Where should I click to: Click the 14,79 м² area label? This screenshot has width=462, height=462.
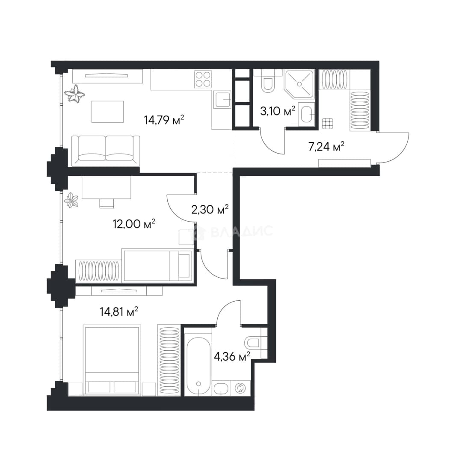pyautogui.click(x=164, y=120)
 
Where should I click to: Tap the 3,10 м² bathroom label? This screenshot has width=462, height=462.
pyautogui.click(x=278, y=111)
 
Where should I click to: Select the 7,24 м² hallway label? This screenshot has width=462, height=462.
pyautogui.click(x=326, y=146)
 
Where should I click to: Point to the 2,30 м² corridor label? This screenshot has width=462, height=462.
pyautogui.click(x=210, y=210)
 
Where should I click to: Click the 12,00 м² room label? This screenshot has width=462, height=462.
pyautogui.click(x=134, y=224)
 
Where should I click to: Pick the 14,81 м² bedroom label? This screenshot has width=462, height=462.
pyautogui.click(x=119, y=311)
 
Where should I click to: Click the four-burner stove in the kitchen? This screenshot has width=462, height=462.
pyautogui.click(x=203, y=79)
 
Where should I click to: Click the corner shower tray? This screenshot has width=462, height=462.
pyautogui.click(x=299, y=84)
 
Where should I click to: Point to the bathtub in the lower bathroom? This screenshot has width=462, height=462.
pyautogui.click(x=198, y=364)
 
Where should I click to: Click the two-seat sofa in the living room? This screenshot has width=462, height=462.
pyautogui.click(x=106, y=151)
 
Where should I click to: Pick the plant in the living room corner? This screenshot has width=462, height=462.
pyautogui.click(x=74, y=94)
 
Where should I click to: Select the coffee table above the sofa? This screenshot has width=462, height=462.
pyautogui.click(x=107, y=111)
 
